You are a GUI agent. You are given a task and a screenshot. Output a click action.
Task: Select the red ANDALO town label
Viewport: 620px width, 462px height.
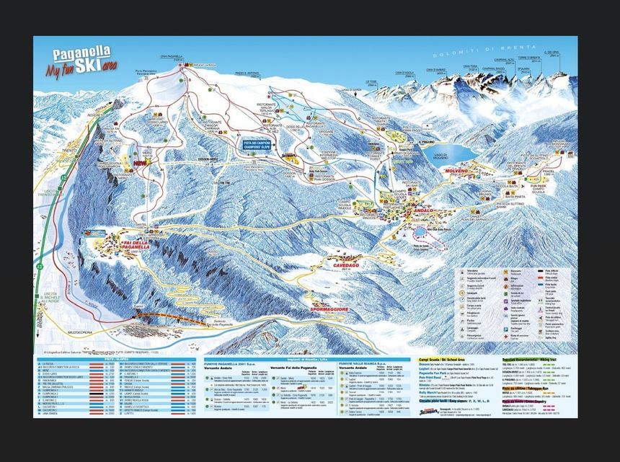422,210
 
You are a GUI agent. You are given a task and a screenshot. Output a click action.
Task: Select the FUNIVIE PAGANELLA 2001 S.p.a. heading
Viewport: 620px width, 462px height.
234,363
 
